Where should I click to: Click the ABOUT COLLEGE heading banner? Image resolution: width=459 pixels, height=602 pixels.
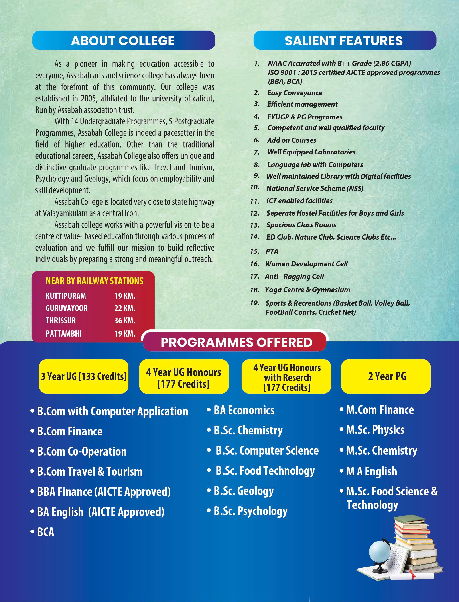pyautogui.click(x=124, y=40)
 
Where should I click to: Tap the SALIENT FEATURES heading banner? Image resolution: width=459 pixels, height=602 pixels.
pyautogui.click(x=345, y=40)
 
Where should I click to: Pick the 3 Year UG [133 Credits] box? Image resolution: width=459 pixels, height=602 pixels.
pyautogui.click(x=84, y=376)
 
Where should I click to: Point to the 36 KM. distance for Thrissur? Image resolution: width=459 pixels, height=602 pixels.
pyautogui.click(x=125, y=320)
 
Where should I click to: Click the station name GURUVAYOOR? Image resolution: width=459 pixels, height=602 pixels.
pyautogui.click(x=66, y=308)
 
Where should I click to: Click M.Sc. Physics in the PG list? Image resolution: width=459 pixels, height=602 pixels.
pyautogui.click(x=375, y=430)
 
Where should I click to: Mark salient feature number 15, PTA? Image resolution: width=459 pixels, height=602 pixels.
pyautogui.click(x=272, y=251)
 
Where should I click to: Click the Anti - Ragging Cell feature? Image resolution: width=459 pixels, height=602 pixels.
pyautogui.click(x=294, y=277)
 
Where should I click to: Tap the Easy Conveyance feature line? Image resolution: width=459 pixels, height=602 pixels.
pyautogui.click(x=295, y=93)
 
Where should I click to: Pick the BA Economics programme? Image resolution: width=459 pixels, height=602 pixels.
pyautogui.click(x=244, y=410)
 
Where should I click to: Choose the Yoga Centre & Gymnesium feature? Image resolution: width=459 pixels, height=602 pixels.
pyautogui.click(x=307, y=290)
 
